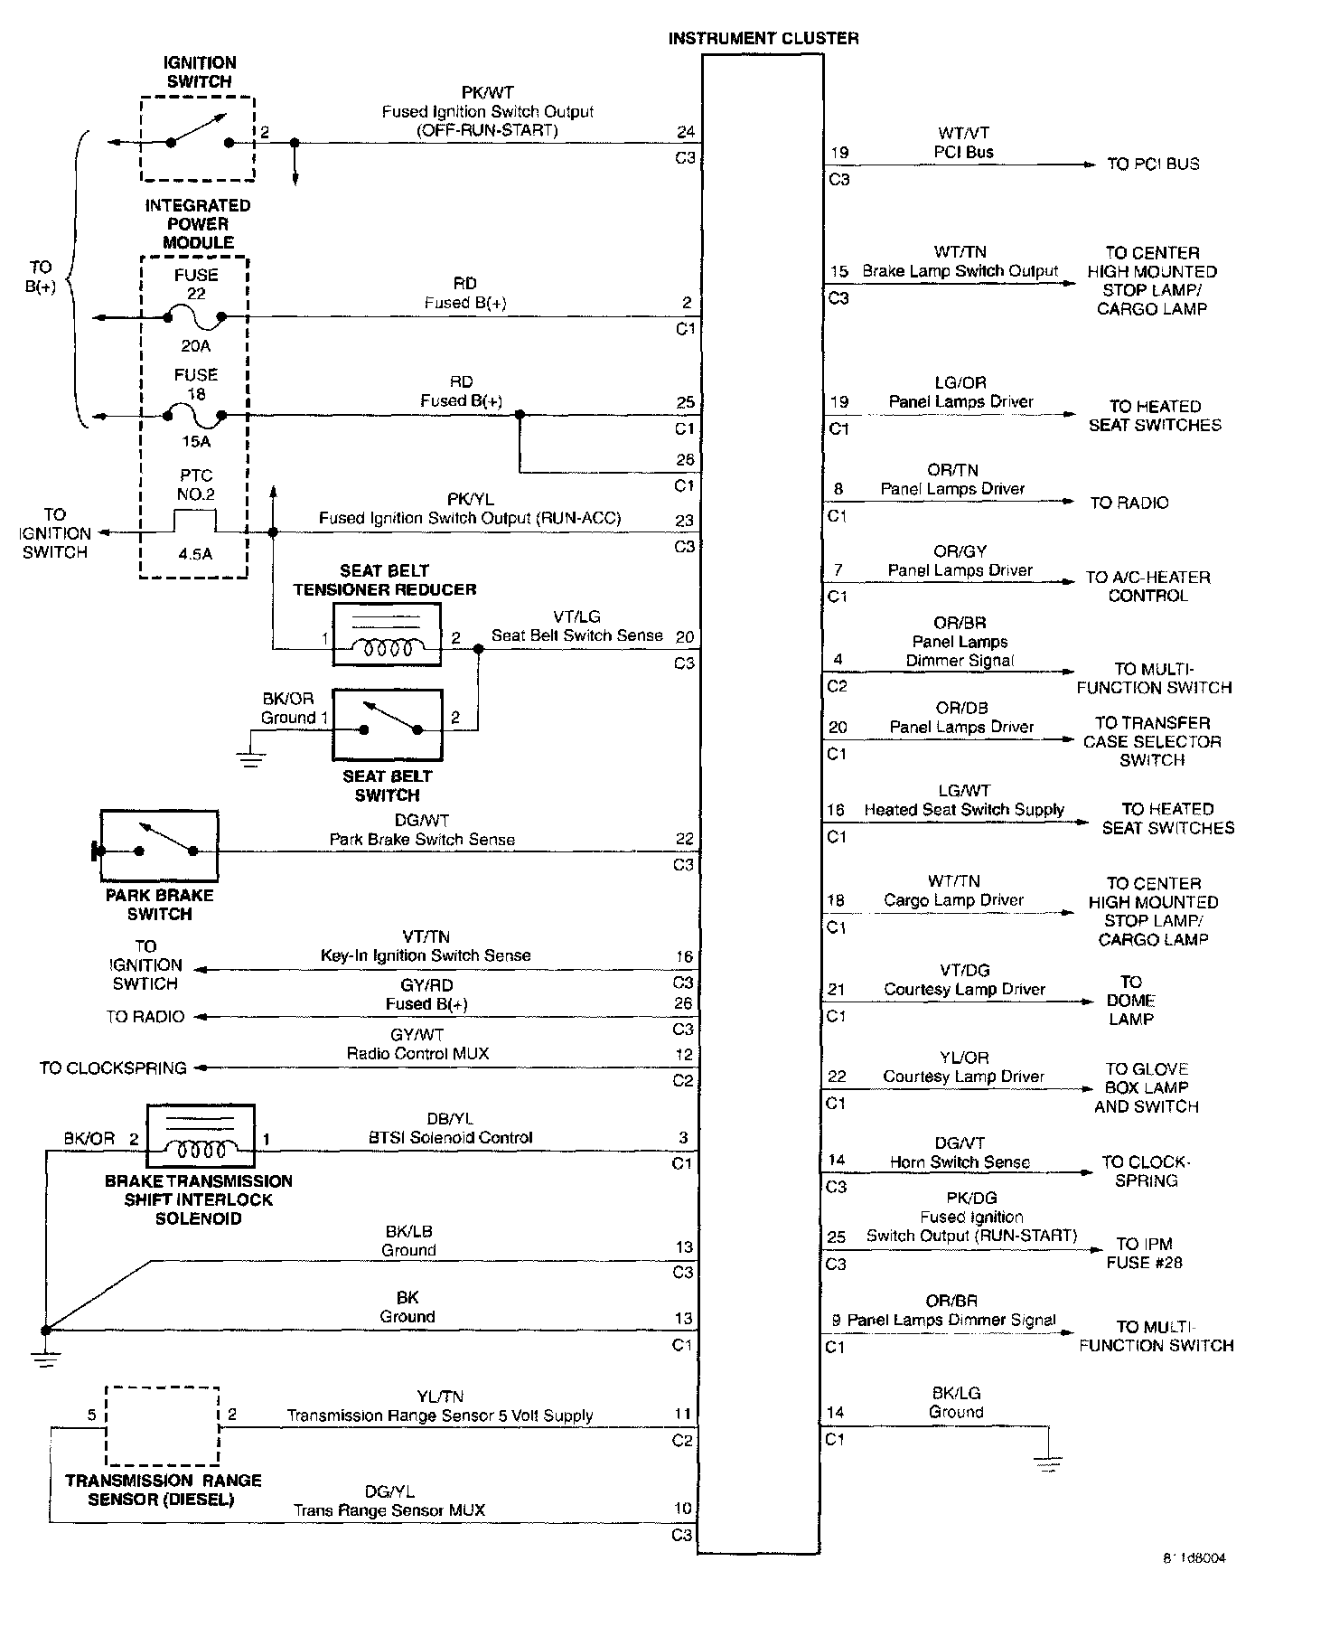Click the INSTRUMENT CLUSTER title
point(763,38)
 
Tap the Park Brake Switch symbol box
point(159,846)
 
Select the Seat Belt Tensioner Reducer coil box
point(387,635)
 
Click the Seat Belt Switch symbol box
point(387,725)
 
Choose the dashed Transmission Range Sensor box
point(163,1425)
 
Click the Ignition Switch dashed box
point(198,139)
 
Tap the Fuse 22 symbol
point(195,317)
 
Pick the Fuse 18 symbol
point(195,416)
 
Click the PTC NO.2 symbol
point(195,522)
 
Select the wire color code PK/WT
point(487,92)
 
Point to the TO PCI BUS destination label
point(1153,164)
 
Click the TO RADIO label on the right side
point(1129,503)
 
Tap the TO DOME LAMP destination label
point(1131,1000)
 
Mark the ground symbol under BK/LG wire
point(1048,1463)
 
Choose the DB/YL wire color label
point(449,1118)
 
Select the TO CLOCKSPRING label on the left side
point(113,1067)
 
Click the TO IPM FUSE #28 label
point(1144,1253)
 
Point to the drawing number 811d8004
point(1194,1557)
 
